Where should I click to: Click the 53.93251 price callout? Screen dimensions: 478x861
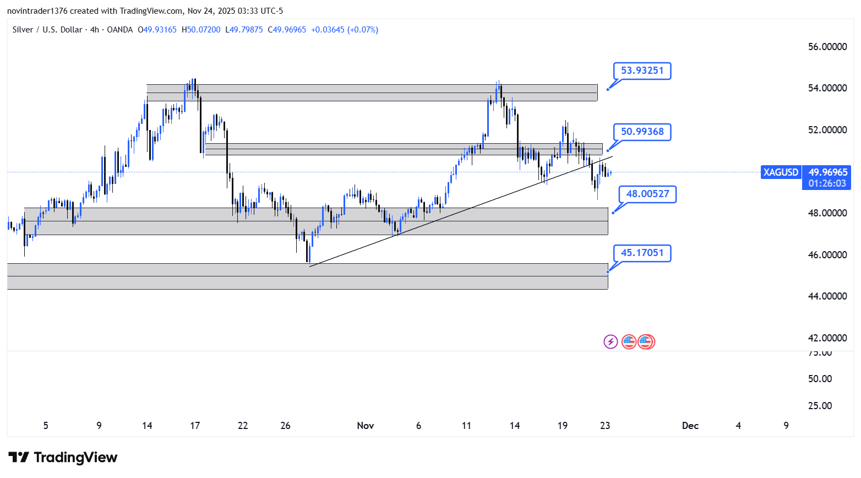click(642, 70)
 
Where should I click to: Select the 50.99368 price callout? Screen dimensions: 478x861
click(642, 132)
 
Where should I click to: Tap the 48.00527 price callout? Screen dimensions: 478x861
click(647, 194)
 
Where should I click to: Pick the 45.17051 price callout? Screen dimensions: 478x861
click(642, 253)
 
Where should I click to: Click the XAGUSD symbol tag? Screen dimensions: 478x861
click(781, 172)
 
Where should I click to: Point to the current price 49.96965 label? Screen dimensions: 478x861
click(827, 172)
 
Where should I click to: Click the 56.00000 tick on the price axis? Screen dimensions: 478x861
click(827, 47)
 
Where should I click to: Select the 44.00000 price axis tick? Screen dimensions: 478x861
click(827, 296)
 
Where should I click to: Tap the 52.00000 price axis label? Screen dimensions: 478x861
click(827, 130)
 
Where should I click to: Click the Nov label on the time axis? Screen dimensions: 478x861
click(366, 426)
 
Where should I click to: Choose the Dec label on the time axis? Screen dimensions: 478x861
click(690, 426)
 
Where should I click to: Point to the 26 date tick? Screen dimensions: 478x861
click(285, 426)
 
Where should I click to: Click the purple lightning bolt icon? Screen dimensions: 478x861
click(611, 342)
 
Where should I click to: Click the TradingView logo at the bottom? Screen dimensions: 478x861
click(63, 458)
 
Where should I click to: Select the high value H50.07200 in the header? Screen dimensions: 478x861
click(201, 30)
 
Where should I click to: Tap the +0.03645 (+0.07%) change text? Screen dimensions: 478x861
click(345, 30)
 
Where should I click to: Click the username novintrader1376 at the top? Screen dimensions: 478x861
click(37, 11)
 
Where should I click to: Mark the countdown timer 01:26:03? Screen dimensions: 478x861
click(827, 183)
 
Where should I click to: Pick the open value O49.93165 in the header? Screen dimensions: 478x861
click(157, 30)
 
